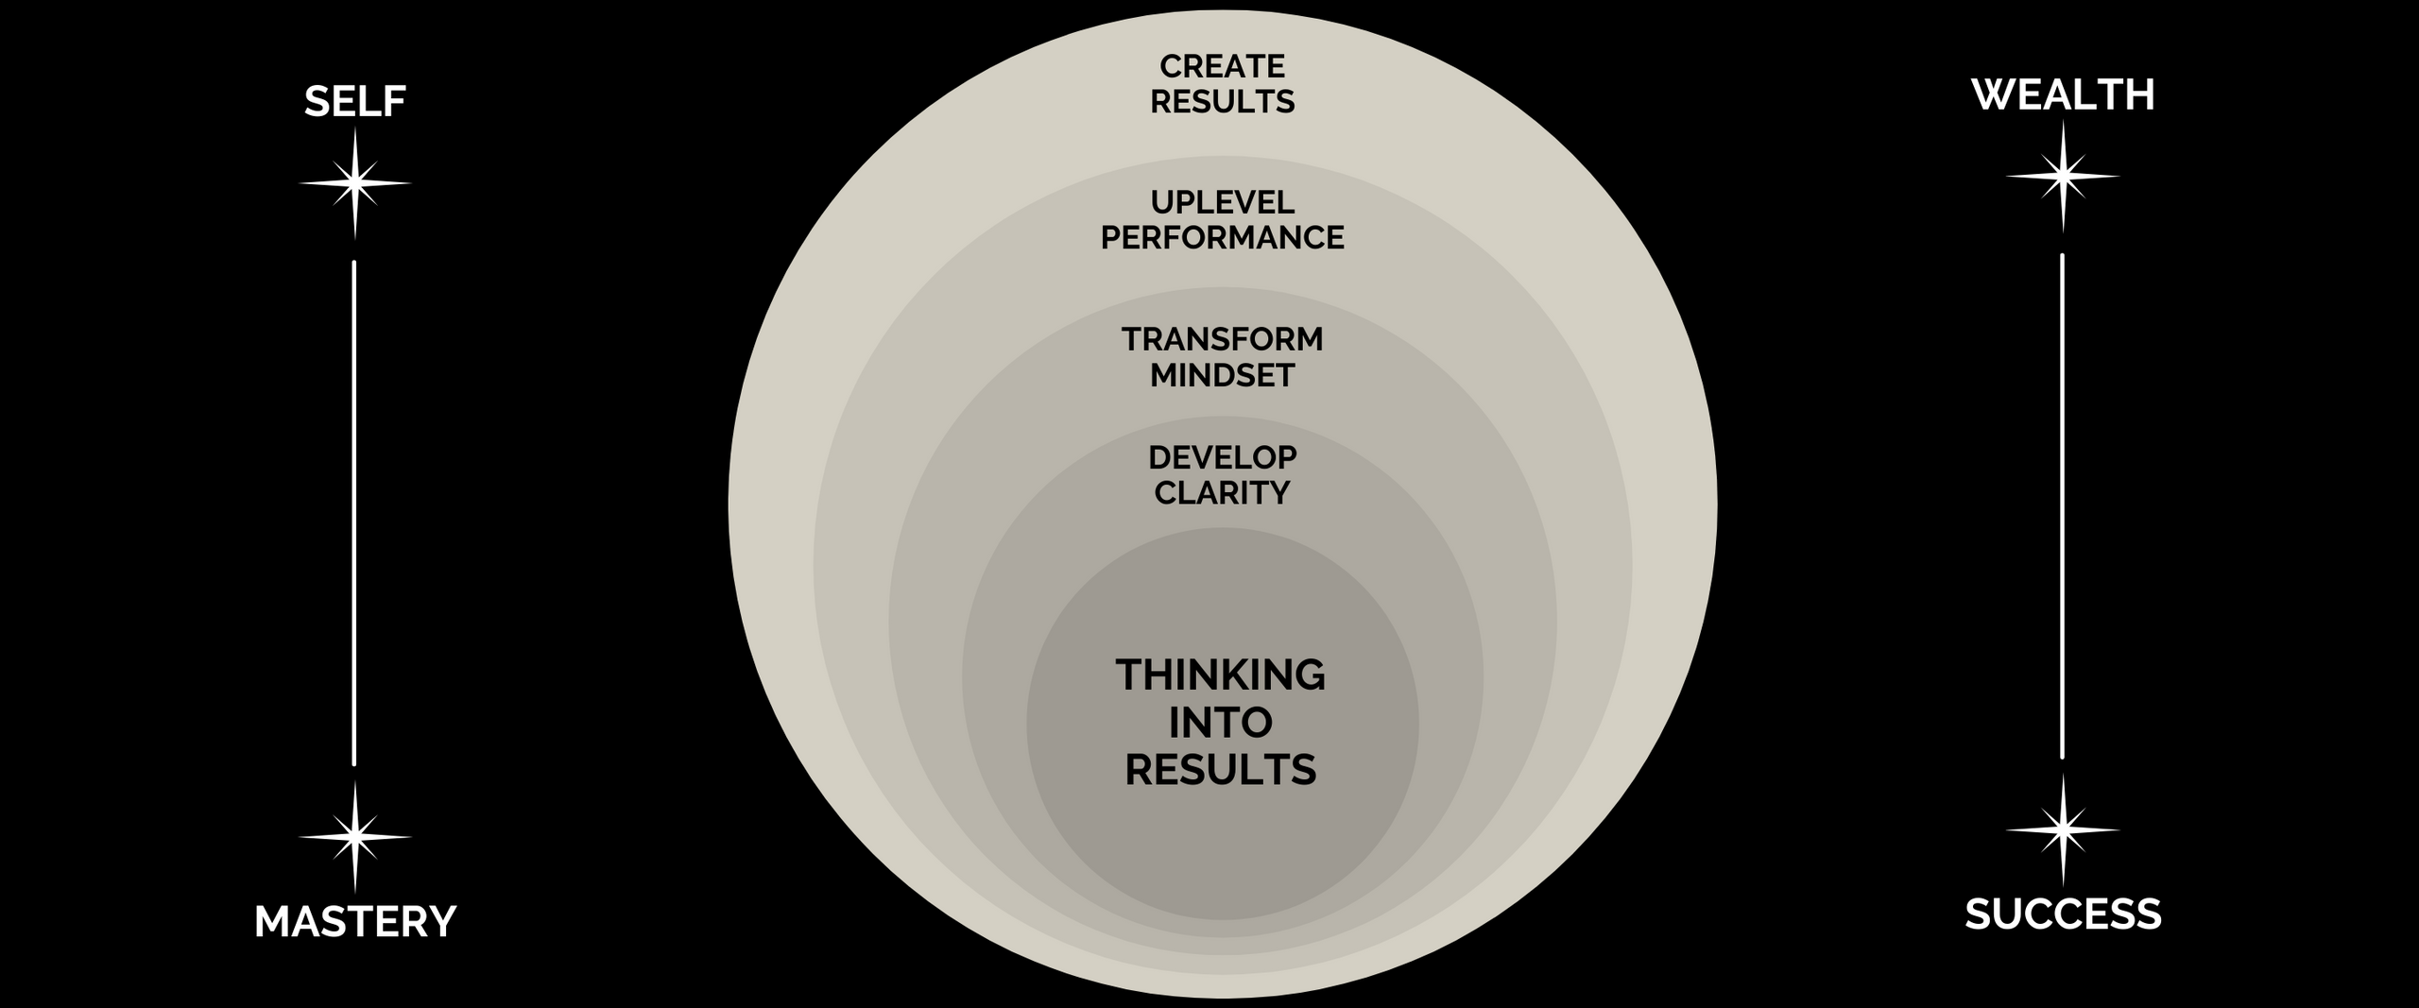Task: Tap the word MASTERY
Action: (355, 922)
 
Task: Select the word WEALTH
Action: (2063, 95)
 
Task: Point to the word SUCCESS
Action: (2063, 915)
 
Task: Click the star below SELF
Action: (355, 182)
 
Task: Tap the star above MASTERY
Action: (355, 836)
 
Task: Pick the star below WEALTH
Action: (2063, 176)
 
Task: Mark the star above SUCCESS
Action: (2063, 829)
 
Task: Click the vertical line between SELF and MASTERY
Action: (354, 513)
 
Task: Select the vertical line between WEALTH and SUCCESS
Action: (2062, 505)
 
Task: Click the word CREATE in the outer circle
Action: (1222, 66)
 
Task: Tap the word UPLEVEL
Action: (1222, 202)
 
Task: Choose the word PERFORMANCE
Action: (1222, 238)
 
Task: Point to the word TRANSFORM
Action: (1222, 339)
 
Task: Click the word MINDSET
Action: (1222, 375)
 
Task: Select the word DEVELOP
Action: (1222, 457)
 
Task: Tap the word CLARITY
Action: (1222, 493)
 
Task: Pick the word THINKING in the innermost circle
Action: (1221, 675)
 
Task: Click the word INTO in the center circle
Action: (1221, 723)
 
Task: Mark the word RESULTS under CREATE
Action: (1222, 102)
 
